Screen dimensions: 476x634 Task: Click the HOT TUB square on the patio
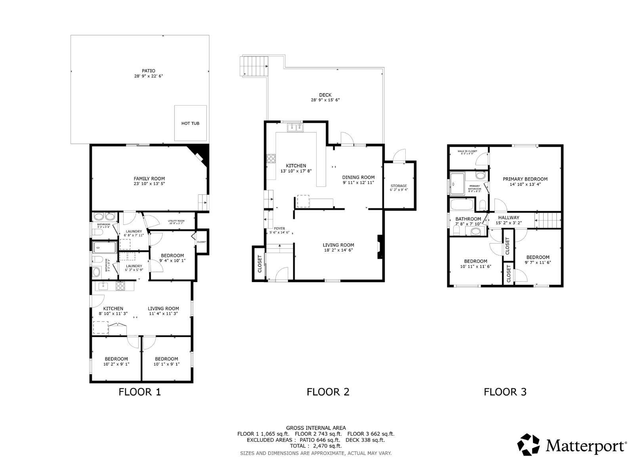pyautogui.click(x=191, y=123)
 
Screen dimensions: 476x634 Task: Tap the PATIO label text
pyautogui.click(x=149, y=71)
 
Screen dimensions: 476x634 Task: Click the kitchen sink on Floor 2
pyautogui.click(x=295, y=127)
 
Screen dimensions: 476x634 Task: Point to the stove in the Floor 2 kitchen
pyautogui.click(x=271, y=159)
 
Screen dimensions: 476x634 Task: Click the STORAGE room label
pyautogui.click(x=399, y=186)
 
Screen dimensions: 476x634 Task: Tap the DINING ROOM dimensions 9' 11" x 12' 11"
pyautogui.click(x=359, y=183)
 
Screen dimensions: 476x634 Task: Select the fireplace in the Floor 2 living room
pyautogui.click(x=380, y=247)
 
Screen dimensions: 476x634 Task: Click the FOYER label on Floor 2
pyautogui.click(x=279, y=228)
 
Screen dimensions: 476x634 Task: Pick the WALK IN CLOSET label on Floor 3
pyautogui.click(x=467, y=151)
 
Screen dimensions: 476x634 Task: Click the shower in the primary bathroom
pyautogui.click(x=457, y=183)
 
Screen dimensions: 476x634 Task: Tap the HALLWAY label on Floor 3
pyautogui.click(x=508, y=217)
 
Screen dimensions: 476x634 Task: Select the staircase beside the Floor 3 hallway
pyautogui.click(x=548, y=221)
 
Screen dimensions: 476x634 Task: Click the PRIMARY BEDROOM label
pyautogui.click(x=525, y=179)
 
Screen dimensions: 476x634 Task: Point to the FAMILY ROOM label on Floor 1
pyautogui.click(x=149, y=178)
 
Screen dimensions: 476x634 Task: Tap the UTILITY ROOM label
pyautogui.click(x=176, y=221)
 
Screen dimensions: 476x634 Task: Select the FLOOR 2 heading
pyautogui.click(x=328, y=392)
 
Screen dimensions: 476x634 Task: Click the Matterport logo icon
pyautogui.click(x=529, y=444)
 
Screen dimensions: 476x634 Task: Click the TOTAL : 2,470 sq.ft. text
pyautogui.click(x=315, y=446)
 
